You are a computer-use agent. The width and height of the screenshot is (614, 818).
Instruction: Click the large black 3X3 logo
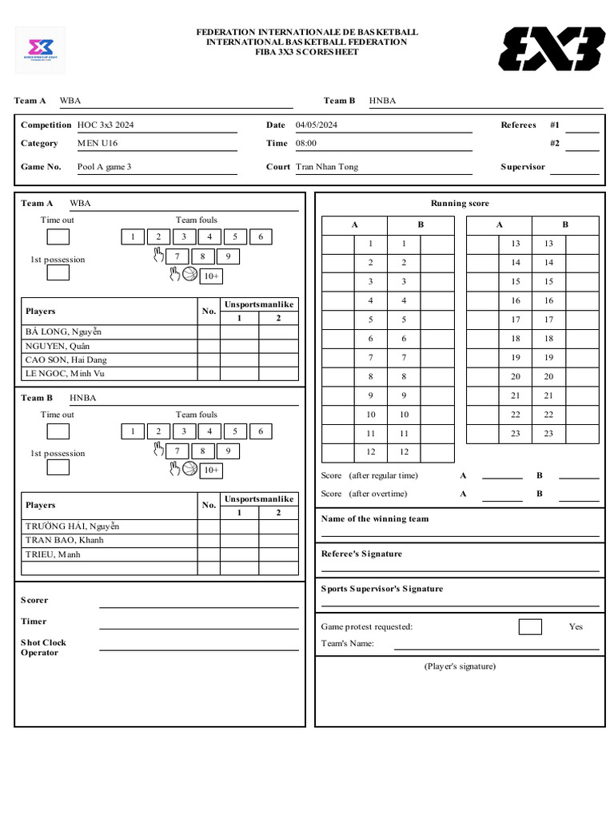click(x=552, y=48)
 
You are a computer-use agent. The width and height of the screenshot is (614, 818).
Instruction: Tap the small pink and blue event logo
click(x=41, y=50)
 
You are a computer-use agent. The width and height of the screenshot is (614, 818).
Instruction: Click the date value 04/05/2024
click(x=317, y=125)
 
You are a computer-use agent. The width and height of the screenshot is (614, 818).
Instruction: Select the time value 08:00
click(x=306, y=143)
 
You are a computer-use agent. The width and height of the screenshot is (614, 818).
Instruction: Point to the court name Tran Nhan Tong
click(x=327, y=167)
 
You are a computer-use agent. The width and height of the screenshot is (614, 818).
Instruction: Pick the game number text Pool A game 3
click(x=104, y=167)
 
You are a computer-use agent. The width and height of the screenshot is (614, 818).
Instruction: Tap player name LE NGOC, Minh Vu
click(x=65, y=374)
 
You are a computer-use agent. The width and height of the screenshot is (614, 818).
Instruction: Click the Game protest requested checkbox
click(x=529, y=626)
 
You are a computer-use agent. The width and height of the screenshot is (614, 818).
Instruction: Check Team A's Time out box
click(x=58, y=236)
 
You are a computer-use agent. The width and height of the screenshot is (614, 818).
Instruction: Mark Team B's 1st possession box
click(x=58, y=467)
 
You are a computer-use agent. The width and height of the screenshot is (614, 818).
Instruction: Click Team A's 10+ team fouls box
click(x=210, y=276)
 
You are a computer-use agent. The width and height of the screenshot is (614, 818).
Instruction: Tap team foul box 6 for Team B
click(x=261, y=431)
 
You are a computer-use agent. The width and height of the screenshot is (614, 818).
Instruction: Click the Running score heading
click(x=460, y=203)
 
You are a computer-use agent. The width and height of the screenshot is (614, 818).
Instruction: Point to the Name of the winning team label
click(x=375, y=518)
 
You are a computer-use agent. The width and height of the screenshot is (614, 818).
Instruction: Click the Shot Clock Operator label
click(x=43, y=647)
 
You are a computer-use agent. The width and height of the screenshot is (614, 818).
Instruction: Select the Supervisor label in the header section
click(x=523, y=167)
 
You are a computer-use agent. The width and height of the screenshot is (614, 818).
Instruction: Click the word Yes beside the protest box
click(x=576, y=626)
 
